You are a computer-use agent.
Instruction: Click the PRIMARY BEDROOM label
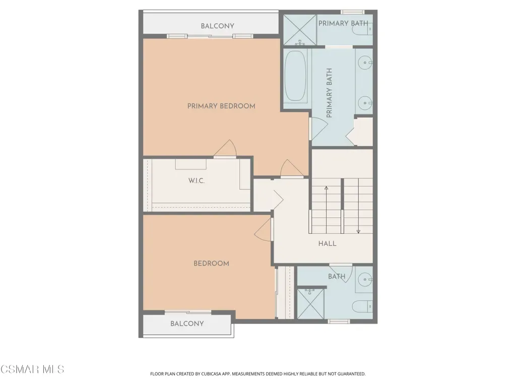[x=221, y=106]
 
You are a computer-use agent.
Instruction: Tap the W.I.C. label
[x=197, y=181]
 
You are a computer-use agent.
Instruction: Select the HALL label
[x=327, y=243]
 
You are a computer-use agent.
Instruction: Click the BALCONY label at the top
[x=218, y=26]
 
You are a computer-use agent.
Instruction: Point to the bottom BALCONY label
[x=187, y=324]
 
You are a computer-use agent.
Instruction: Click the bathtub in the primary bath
[x=295, y=76]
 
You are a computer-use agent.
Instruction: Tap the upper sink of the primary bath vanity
[x=365, y=62]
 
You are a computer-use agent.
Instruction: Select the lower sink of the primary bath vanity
[x=365, y=103]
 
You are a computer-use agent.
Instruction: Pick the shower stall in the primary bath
[x=300, y=30]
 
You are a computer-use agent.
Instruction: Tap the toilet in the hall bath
[x=362, y=306]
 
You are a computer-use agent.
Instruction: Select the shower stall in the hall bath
[x=310, y=304]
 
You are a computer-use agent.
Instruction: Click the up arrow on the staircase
[x=326, y=210]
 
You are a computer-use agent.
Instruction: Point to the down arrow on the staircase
[x=358, y=206]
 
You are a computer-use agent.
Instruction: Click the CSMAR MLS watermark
[x=32, y=369]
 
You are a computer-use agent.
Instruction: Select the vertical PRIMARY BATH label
[x=329, y=93]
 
